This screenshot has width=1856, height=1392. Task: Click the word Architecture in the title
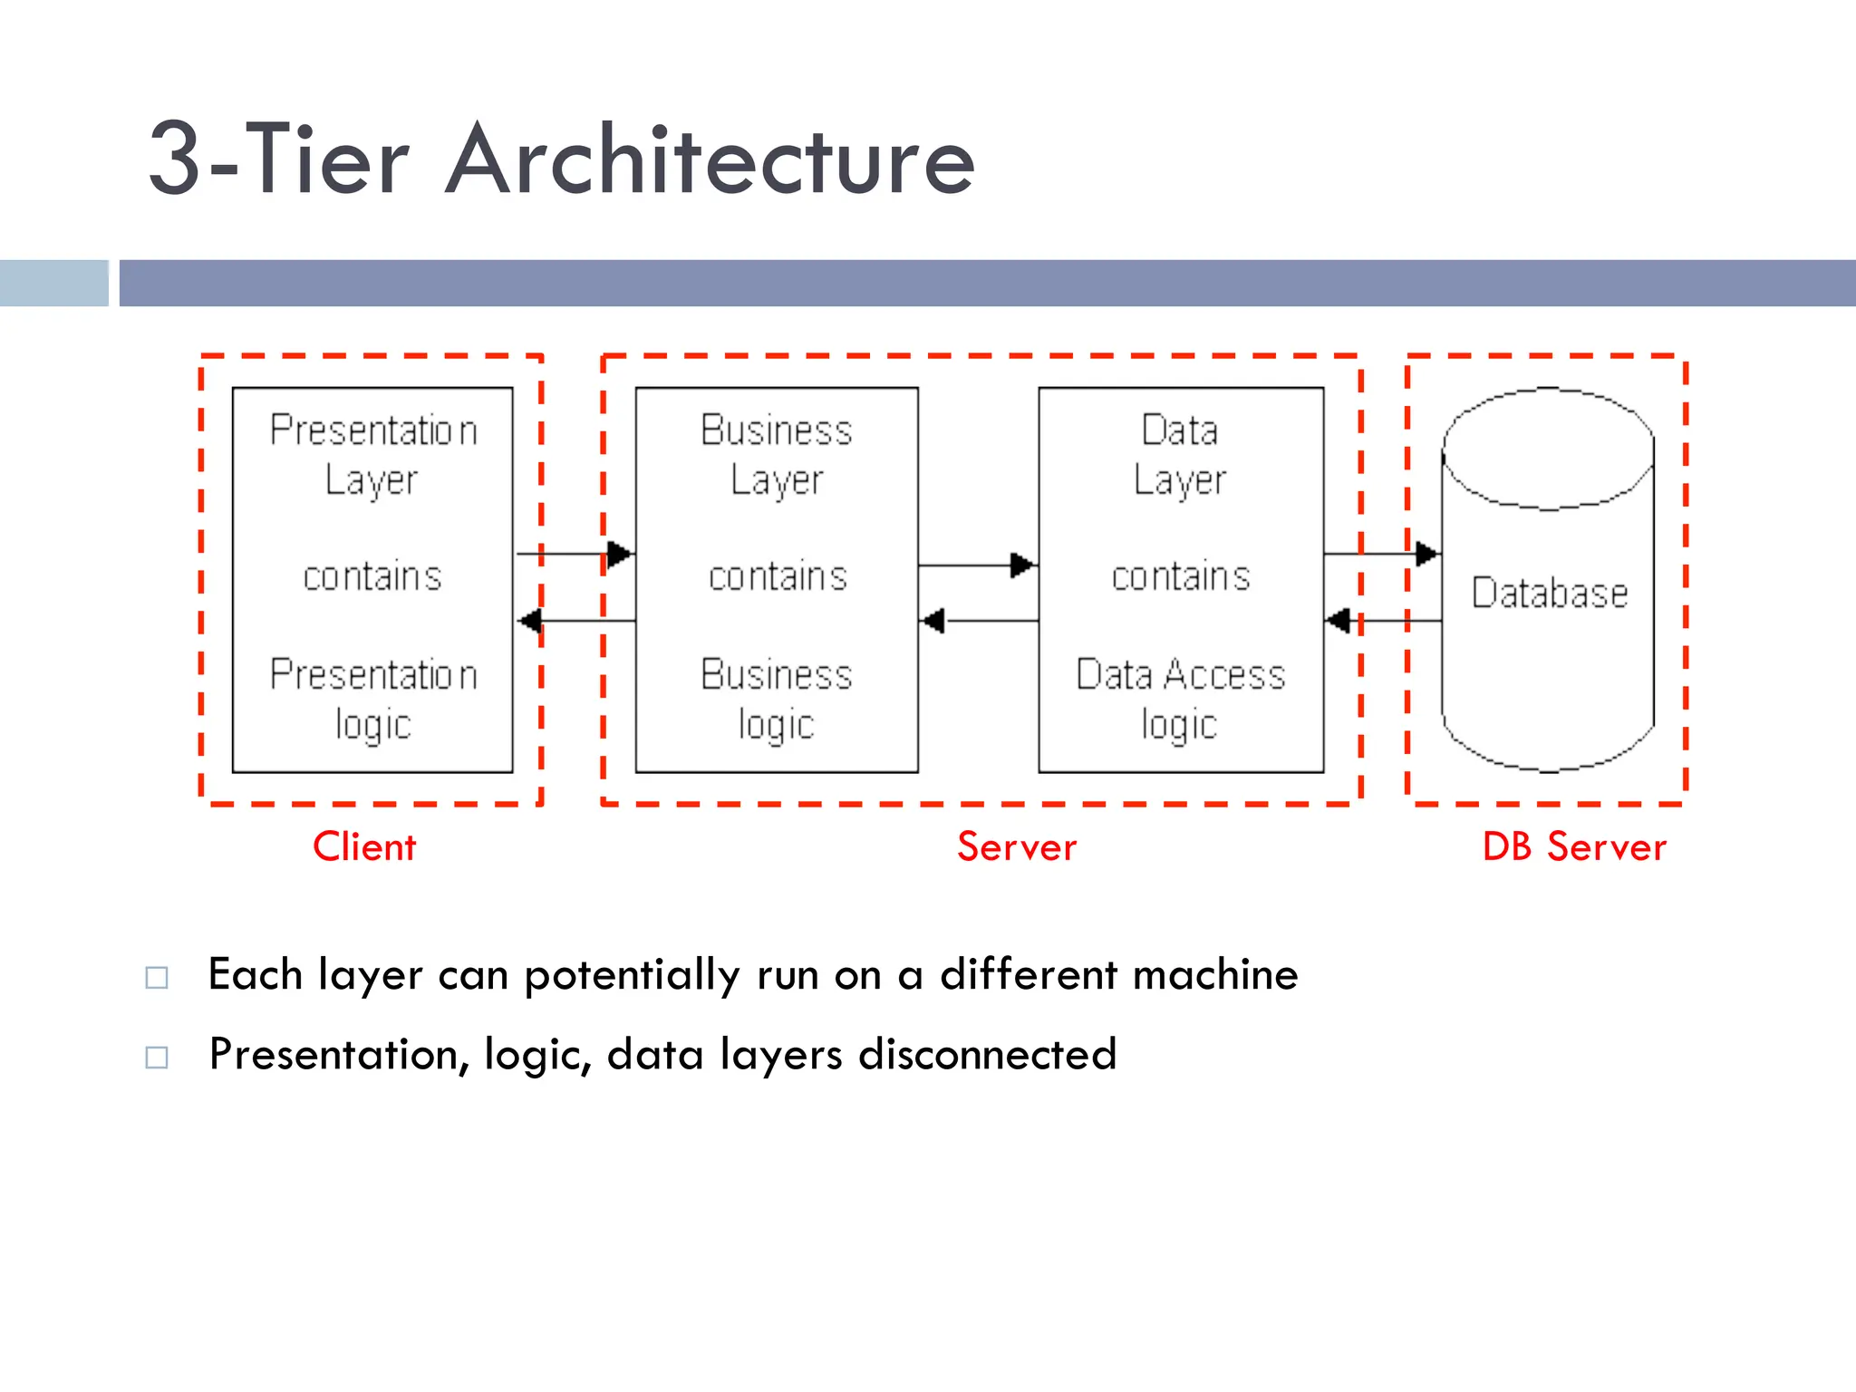tap(710, 160)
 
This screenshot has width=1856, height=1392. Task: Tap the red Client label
tap(364, 847)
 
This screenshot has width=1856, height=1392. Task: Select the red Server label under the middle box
tap(1017, 847)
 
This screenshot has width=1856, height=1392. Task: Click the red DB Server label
tap(1574, 847)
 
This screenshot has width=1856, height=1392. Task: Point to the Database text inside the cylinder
tap(1550, 594)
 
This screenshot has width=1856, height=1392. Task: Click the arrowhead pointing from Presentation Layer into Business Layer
tap(620, 554)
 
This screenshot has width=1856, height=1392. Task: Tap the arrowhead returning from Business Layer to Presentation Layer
tap(530, 621)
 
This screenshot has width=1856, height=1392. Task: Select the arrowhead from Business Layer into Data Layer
tap(1022, 565)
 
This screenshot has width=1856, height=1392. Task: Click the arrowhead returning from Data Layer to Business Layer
tap(933, 621)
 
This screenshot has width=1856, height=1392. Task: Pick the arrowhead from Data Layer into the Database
tap(1426, 554)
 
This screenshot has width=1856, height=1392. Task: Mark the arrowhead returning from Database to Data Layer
tap(1338, 621)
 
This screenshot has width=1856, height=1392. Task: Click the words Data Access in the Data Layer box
tap(1181, 675)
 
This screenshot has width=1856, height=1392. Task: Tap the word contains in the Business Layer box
tap(778, 577)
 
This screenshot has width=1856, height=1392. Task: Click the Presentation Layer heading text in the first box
tap(372, 455)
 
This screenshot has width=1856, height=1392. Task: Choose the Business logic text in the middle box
tap(777, 700)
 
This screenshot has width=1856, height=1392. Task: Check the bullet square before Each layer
tap(157, 977)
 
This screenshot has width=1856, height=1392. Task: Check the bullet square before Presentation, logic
tap(157, 1057)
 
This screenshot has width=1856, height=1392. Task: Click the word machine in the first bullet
tap(1215, 975)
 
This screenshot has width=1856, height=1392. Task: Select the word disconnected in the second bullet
tap(988, 1055)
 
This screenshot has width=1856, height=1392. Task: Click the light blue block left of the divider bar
tap(54, 283)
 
